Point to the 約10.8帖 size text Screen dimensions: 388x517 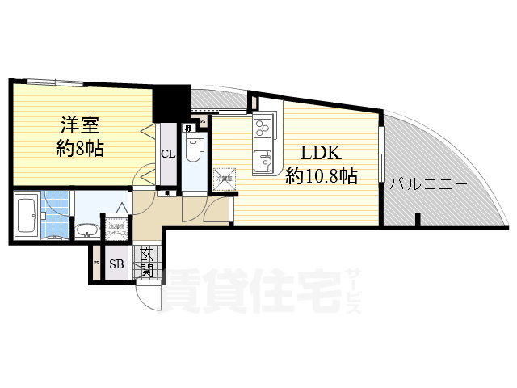[321, 175]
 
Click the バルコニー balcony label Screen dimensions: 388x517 [428, 183]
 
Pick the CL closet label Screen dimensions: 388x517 [168, 154]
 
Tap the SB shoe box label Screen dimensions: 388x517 [116, 264]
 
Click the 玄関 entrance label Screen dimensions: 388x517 [147, 263]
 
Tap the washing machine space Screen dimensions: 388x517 [116, 226]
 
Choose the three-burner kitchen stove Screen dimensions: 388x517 [265, 128]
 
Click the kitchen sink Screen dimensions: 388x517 [263, 159]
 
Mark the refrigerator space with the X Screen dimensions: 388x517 [223, 179]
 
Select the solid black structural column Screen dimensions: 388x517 [170, 102]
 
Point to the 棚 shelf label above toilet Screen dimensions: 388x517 [187, 128]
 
